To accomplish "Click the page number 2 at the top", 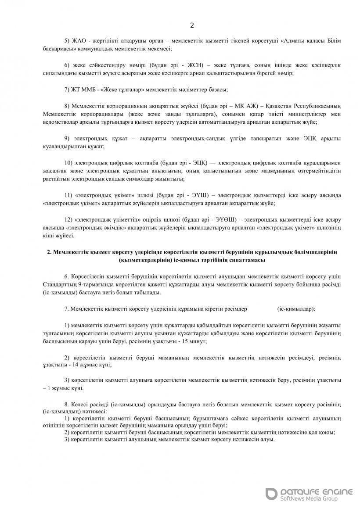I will (x=192, y=25).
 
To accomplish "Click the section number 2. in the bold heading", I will (x=50, y=252).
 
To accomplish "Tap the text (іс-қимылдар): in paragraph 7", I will (x=296, y=308).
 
